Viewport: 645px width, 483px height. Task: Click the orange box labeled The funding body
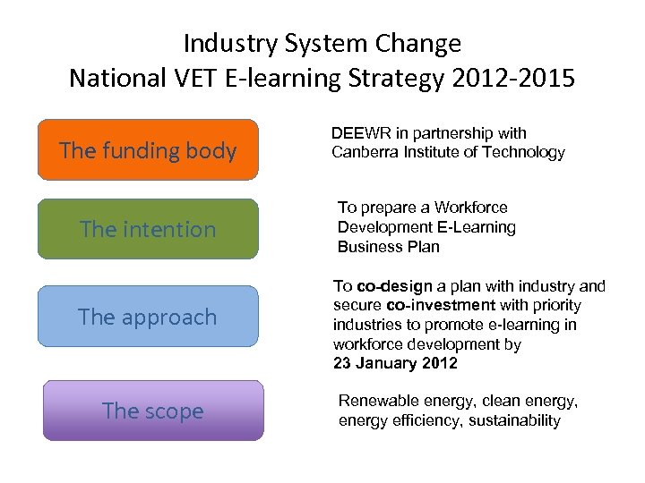148,149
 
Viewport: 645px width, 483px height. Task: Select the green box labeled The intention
148,229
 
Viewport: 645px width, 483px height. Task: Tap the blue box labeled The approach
148,317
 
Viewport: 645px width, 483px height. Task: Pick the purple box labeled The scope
153,411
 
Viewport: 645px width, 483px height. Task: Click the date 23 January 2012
395,363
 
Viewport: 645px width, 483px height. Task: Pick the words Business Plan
388,247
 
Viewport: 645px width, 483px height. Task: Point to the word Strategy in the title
400,78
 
